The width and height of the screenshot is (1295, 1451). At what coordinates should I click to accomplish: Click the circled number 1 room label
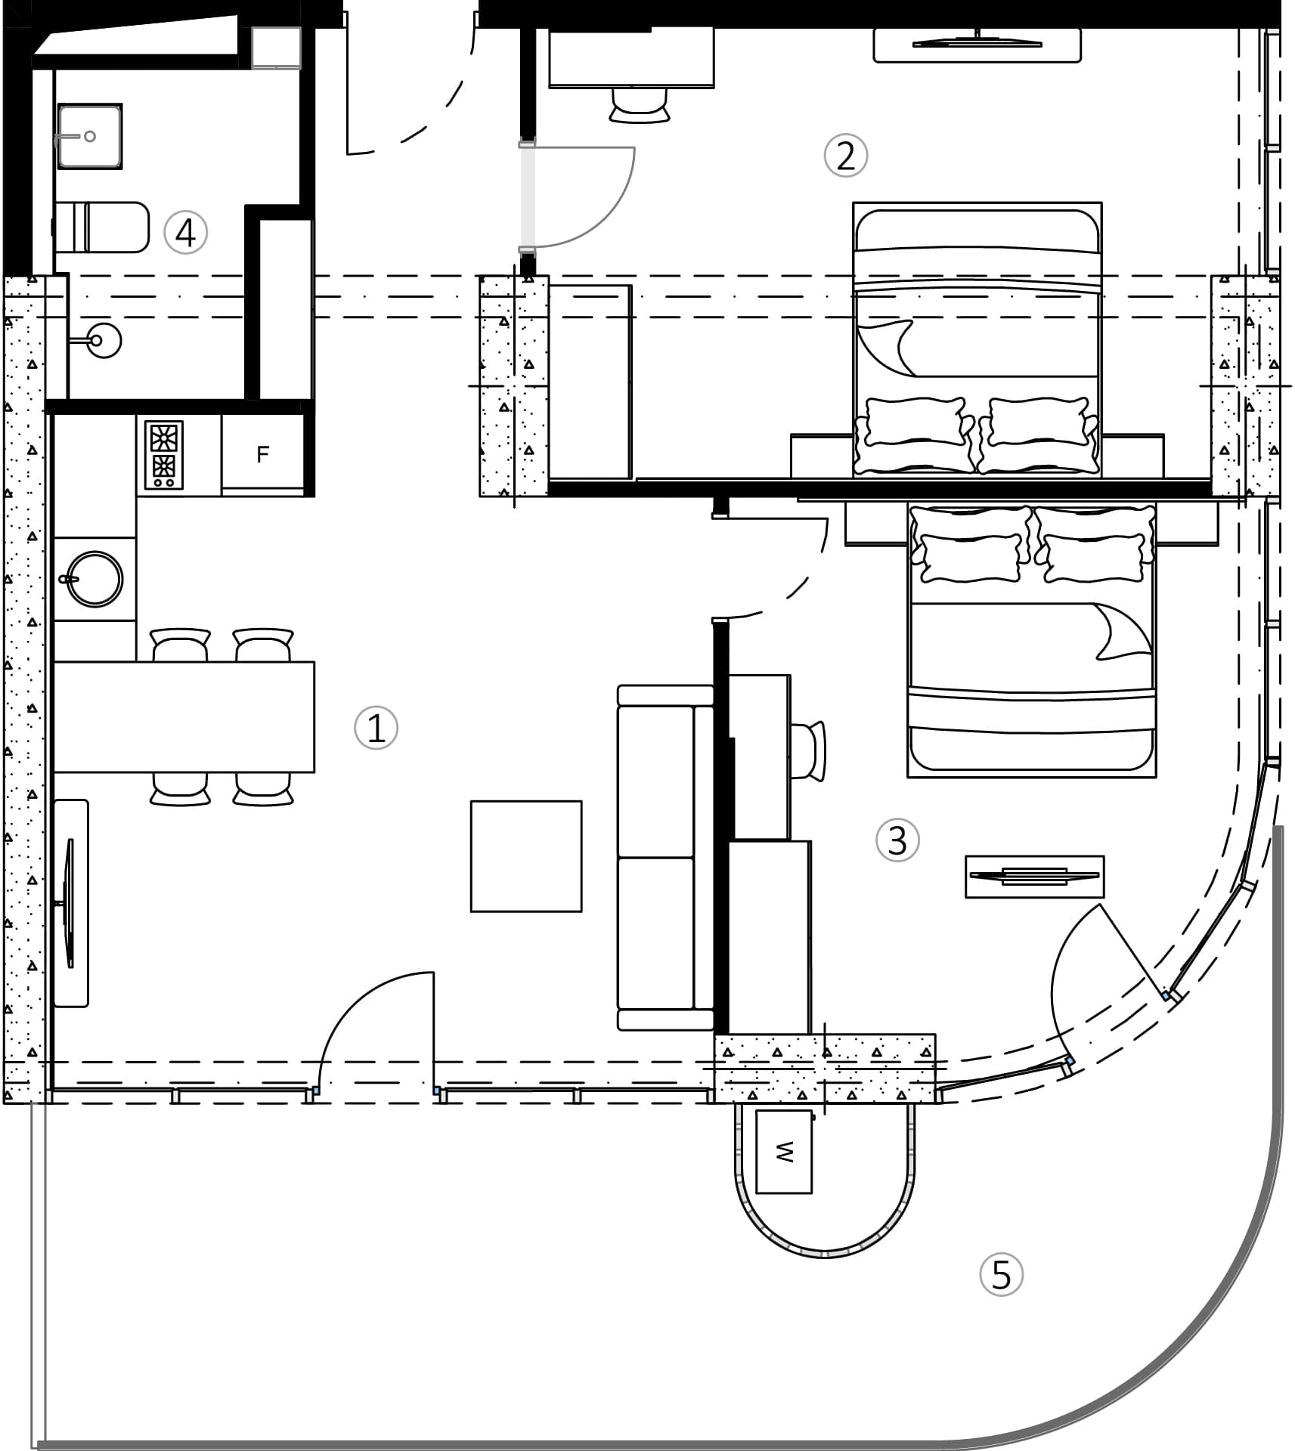point(376,728)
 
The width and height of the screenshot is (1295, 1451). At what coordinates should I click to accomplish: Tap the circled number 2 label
point(845,156)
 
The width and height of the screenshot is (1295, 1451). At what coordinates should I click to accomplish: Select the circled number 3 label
point(897,840)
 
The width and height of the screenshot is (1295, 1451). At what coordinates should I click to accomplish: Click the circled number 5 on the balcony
point(1001,1275)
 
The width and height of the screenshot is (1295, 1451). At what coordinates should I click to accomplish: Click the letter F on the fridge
point(262,454)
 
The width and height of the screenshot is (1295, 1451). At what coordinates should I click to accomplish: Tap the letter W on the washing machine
point(784,1152)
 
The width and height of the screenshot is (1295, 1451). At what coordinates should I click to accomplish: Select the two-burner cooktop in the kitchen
point(164,455)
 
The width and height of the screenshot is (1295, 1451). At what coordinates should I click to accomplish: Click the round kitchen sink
point(94,578)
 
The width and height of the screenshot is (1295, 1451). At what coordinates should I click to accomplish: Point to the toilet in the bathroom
point(102,227)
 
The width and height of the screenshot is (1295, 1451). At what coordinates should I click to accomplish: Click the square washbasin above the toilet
point(89,136)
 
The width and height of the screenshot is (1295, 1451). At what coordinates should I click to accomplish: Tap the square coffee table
point(526,856)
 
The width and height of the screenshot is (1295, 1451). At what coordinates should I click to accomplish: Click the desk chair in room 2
point(640,104)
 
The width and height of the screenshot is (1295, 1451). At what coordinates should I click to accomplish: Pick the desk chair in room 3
point(808,750)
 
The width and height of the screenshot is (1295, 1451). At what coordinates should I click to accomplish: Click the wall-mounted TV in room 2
point(977,44)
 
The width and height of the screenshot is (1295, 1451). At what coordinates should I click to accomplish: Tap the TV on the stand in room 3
point(1034,877)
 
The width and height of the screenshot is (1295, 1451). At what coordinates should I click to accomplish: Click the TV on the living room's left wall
point(70,903)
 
